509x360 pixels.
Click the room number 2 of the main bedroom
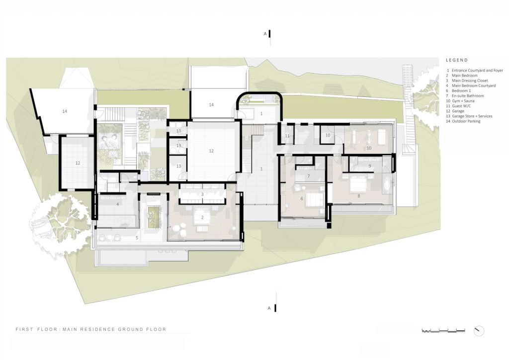pyautogui.click(x=202, y=217)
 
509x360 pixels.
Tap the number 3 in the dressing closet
pyautogui.click(x=202, y=194)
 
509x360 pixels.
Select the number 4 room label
pyautogui.click(x=117, y=204)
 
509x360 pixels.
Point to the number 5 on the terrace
pyautogui.click(x=137, y=238)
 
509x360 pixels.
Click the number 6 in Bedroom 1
pyautogui.click(x=302, y=199)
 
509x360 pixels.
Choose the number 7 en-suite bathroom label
pyautogui.click(x=308, y=176)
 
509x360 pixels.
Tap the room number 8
pyautogui.click(x=359, y=196)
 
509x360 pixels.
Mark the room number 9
pyautogui.click(x=370, y=166)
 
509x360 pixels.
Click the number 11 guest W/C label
pyautogui.click(x=287, y=136)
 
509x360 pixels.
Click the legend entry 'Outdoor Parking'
pyautogui.click(x=466, y=121)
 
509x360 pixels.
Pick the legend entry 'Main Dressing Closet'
pyautogui.click(x=470, y=81)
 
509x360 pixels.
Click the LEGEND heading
pyautogui.click(x=457, y=60)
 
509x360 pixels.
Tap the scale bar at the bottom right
pyautogui.click(x=443, y=331)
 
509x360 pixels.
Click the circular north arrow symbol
pyautogui.click(x=479, y=331)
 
